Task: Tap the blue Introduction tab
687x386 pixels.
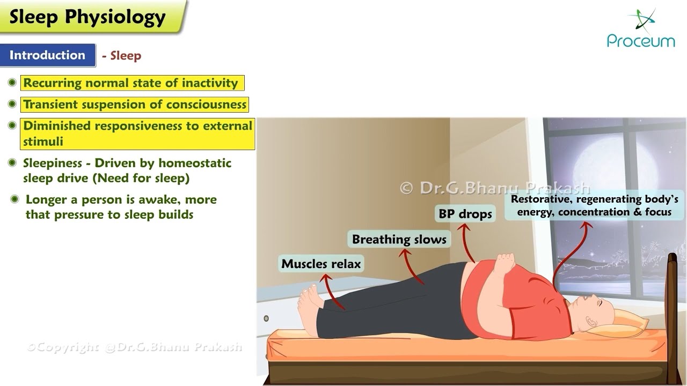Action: [47, 55]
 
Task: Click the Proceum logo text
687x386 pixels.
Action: [641, 41]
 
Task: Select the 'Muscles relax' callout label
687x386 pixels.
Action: [321, 264]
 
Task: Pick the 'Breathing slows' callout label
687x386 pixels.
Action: [399, 239]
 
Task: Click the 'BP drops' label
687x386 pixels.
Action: [465, 214]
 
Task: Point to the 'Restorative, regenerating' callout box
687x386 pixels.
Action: [594, 205]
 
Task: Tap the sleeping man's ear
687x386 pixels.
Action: [590, 323]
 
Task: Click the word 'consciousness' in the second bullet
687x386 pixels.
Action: [210, 105]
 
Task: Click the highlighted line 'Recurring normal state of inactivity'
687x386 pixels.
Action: [130, 83]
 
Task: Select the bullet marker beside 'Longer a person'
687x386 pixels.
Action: [14, 199]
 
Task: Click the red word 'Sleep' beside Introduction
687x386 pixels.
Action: [126, 56]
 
